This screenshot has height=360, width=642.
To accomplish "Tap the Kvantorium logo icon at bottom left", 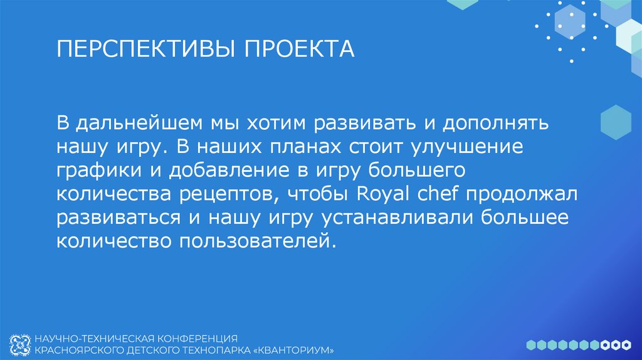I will (x=20, y=344).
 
